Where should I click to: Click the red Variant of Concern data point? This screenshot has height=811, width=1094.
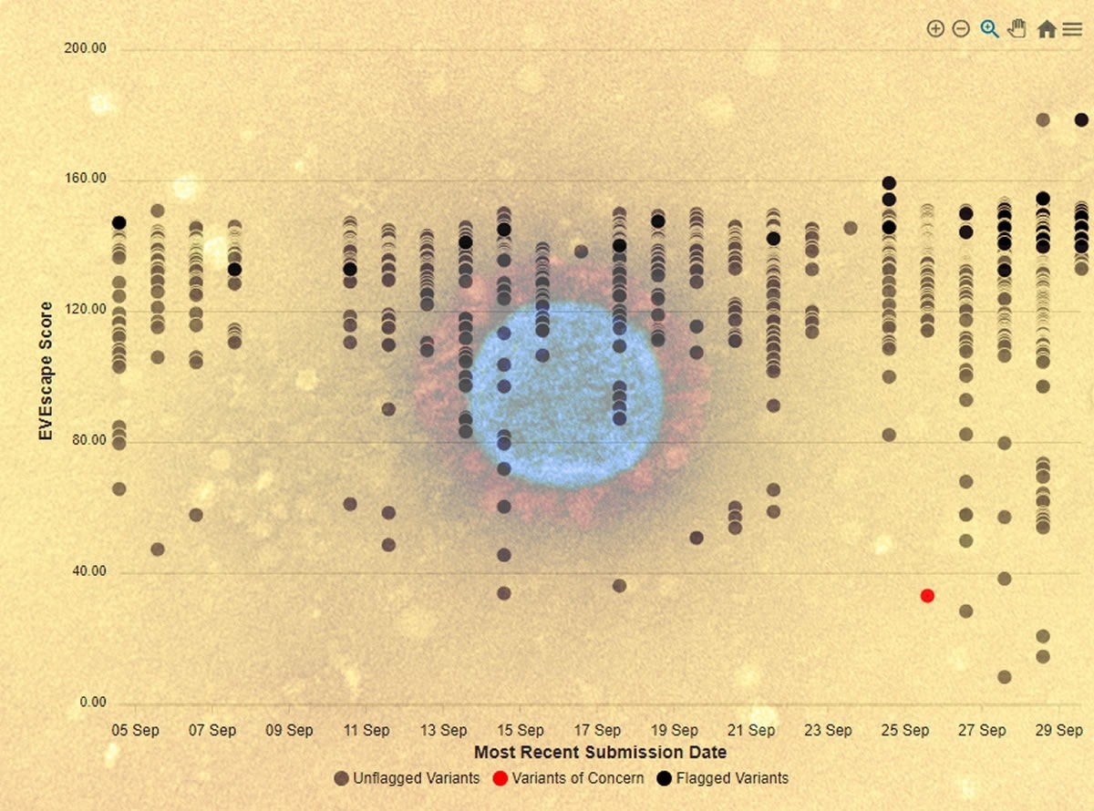coord(927,595)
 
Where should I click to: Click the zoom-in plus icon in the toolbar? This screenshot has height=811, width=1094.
coord(934,29)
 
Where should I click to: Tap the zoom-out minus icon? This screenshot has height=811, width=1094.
coord(960,29)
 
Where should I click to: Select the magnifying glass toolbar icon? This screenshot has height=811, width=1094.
coord(989,29)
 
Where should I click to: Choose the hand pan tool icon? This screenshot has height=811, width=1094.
coord(1017,29)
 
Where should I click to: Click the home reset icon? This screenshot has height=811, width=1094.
coord(1047,29)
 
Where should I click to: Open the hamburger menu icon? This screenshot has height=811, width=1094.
coord(1072,29)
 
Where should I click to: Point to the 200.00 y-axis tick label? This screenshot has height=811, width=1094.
coord(86,48)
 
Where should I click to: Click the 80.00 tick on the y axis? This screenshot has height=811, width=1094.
coord(89,441)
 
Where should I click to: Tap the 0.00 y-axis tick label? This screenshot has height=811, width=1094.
coord(93,703)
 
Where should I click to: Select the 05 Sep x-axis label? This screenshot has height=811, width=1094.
coord(135,730)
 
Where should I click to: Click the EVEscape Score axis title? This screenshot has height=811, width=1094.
coord(46,372)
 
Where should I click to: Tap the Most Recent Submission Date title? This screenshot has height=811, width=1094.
coord(600,752)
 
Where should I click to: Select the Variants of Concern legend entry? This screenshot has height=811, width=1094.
coord(569,778)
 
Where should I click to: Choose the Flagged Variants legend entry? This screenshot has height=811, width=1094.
coord(723,778)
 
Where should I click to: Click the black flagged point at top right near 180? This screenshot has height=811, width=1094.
coord(1081,119)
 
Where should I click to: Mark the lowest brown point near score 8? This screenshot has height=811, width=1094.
coord(1004,677)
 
